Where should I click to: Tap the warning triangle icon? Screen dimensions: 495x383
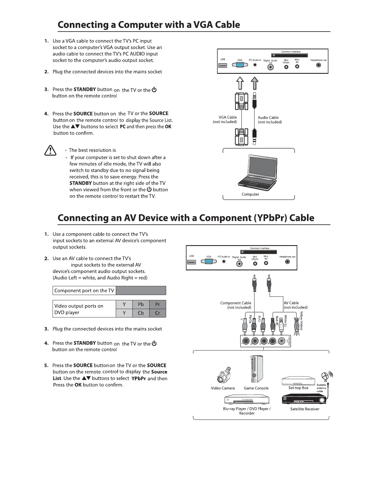tap(50, 151)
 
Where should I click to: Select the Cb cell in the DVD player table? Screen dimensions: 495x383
tap(141, 313)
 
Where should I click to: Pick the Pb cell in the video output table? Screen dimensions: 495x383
tap(141, 304)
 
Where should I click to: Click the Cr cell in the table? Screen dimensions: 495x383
tap(157, 313)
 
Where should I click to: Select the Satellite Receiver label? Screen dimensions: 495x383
tap(304, 409)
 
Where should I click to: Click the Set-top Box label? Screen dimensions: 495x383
tap(298, 388)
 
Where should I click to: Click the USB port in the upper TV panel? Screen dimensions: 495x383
tap(223, 65)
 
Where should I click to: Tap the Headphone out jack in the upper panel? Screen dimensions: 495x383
tap(319, 65)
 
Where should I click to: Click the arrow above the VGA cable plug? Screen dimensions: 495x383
tap(240, 84)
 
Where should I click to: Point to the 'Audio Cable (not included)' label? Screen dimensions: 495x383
tap(270, 120)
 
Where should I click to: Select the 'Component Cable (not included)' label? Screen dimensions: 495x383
tap(236, 305)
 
